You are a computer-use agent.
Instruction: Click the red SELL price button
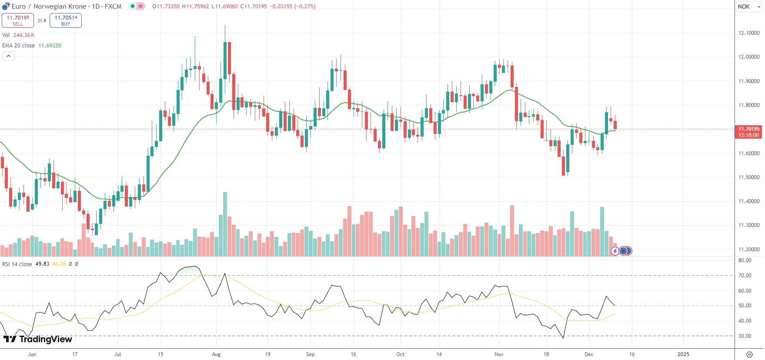(x=18, y=20)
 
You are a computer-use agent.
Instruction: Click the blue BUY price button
(x=66, y=20)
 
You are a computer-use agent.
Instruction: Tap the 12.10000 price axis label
(x=749, y=33)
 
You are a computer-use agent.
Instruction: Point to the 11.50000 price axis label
(x=749, y=177)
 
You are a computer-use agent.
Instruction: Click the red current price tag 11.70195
(x=748, y=129)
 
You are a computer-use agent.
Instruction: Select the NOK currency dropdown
(x=748, y=7)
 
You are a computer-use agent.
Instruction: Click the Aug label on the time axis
(x=216, y=354)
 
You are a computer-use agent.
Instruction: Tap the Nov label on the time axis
(x=499, y=354)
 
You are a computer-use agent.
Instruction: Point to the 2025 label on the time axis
(x=683, y=354)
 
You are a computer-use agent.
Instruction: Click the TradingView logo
(x=38, y=339)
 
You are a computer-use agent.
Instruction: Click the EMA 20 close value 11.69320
(x=50, y=46)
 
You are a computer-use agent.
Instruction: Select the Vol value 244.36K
(x=23, y=35)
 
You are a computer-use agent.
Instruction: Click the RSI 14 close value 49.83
(x=42, y=264)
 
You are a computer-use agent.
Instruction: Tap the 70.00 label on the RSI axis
(x=745, y=276)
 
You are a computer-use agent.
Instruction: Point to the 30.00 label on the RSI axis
(x=745, y=336)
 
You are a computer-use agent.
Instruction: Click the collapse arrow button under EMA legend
(x=8, y=56)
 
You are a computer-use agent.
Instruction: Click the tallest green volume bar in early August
(x=225, y=224)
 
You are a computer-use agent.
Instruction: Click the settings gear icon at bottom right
(x=749, y=354)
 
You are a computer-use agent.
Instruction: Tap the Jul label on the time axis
(x=117, y=354)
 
